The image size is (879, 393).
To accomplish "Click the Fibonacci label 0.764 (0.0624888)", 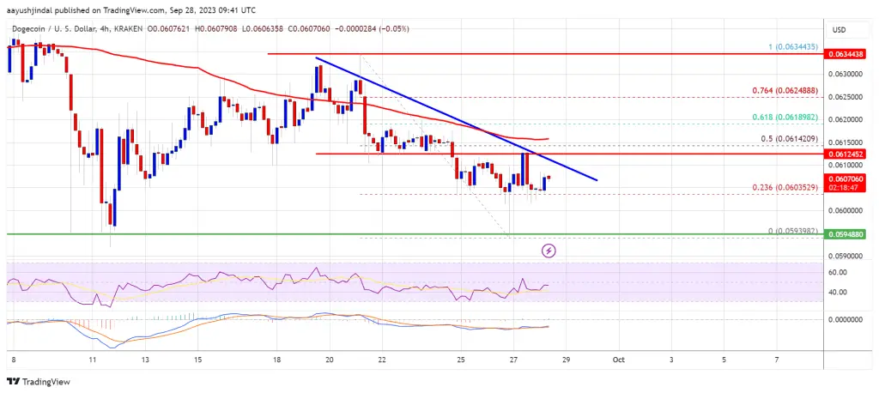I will (781, 90).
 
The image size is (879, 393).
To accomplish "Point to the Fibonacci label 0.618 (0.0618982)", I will (781, 115).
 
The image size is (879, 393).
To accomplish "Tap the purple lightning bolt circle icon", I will (549, 251).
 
